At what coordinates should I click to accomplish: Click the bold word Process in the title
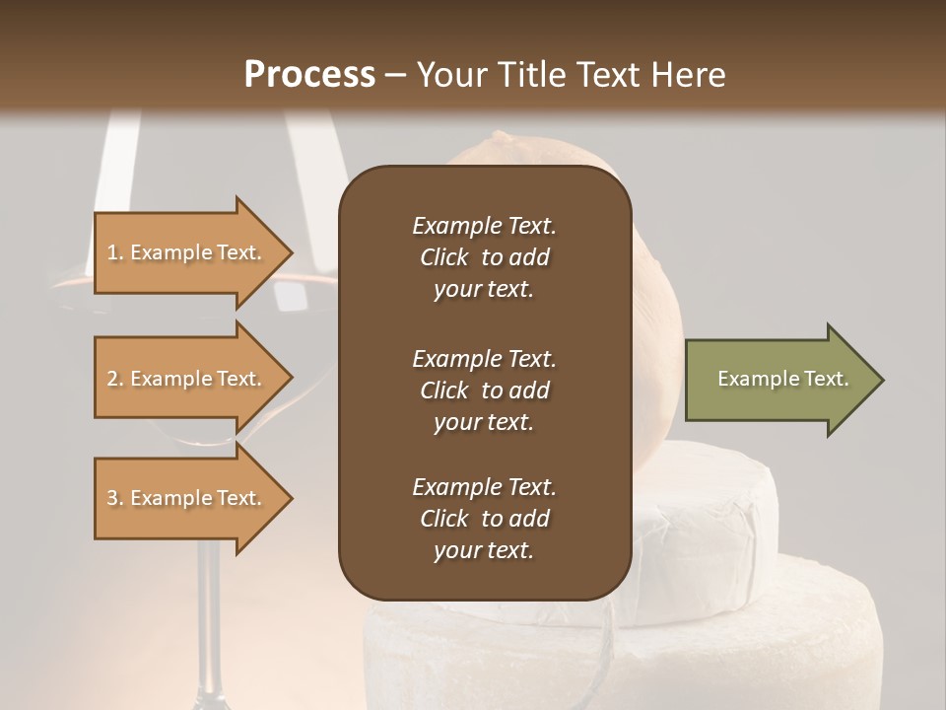[x=309, y=75]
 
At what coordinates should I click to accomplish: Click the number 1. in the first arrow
[x=115, y=252]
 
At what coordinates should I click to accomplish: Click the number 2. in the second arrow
[x=115, y=379]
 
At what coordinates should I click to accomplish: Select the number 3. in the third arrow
[x=115, y=498]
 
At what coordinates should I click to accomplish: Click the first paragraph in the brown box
[x=484, y=257]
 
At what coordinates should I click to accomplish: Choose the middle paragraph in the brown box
[x=484, y=390]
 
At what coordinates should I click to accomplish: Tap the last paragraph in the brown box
[x=484, y=519]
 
